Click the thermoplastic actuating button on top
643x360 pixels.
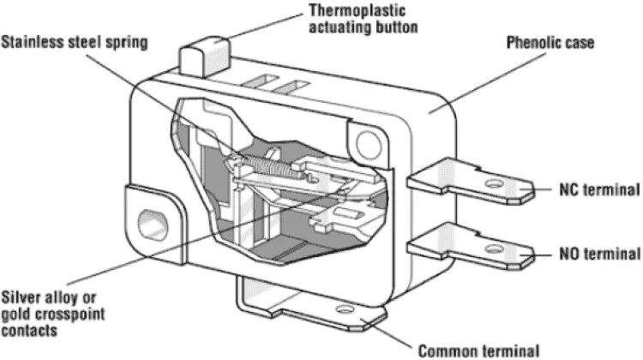pyautogui.click(x=204, y=57)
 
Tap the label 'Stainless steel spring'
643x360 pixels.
pyautogui.click(x=75, y=43)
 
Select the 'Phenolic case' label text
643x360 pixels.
pyautogui.click(x=550, y=43)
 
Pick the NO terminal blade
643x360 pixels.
pyautogui.click(x=471, y=246)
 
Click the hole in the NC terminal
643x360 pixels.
pyautogui.click(x=494, y=183)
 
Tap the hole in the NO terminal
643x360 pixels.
pyautogui.click(x=494, y=249)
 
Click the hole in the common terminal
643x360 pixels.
pyautogui.click(x=345, y=309)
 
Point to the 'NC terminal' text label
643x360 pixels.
pyautogui.click(x=599, y=189)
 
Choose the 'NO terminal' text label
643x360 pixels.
pyautogui.click(x=599, y=254)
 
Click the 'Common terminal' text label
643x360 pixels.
pyautogui.click(x=478, y=351)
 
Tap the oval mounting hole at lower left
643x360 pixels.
pyautogui.click(x=153, y=225)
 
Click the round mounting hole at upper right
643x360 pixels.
pyautogui.click(x=369, y=144)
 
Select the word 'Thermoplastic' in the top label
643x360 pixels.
pyautogui.click(x=358, y=11)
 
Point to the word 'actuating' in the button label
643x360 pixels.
pyautogui.click(x=334, y=27)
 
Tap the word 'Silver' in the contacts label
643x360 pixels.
pyautogui.click(x=21, y=297)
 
